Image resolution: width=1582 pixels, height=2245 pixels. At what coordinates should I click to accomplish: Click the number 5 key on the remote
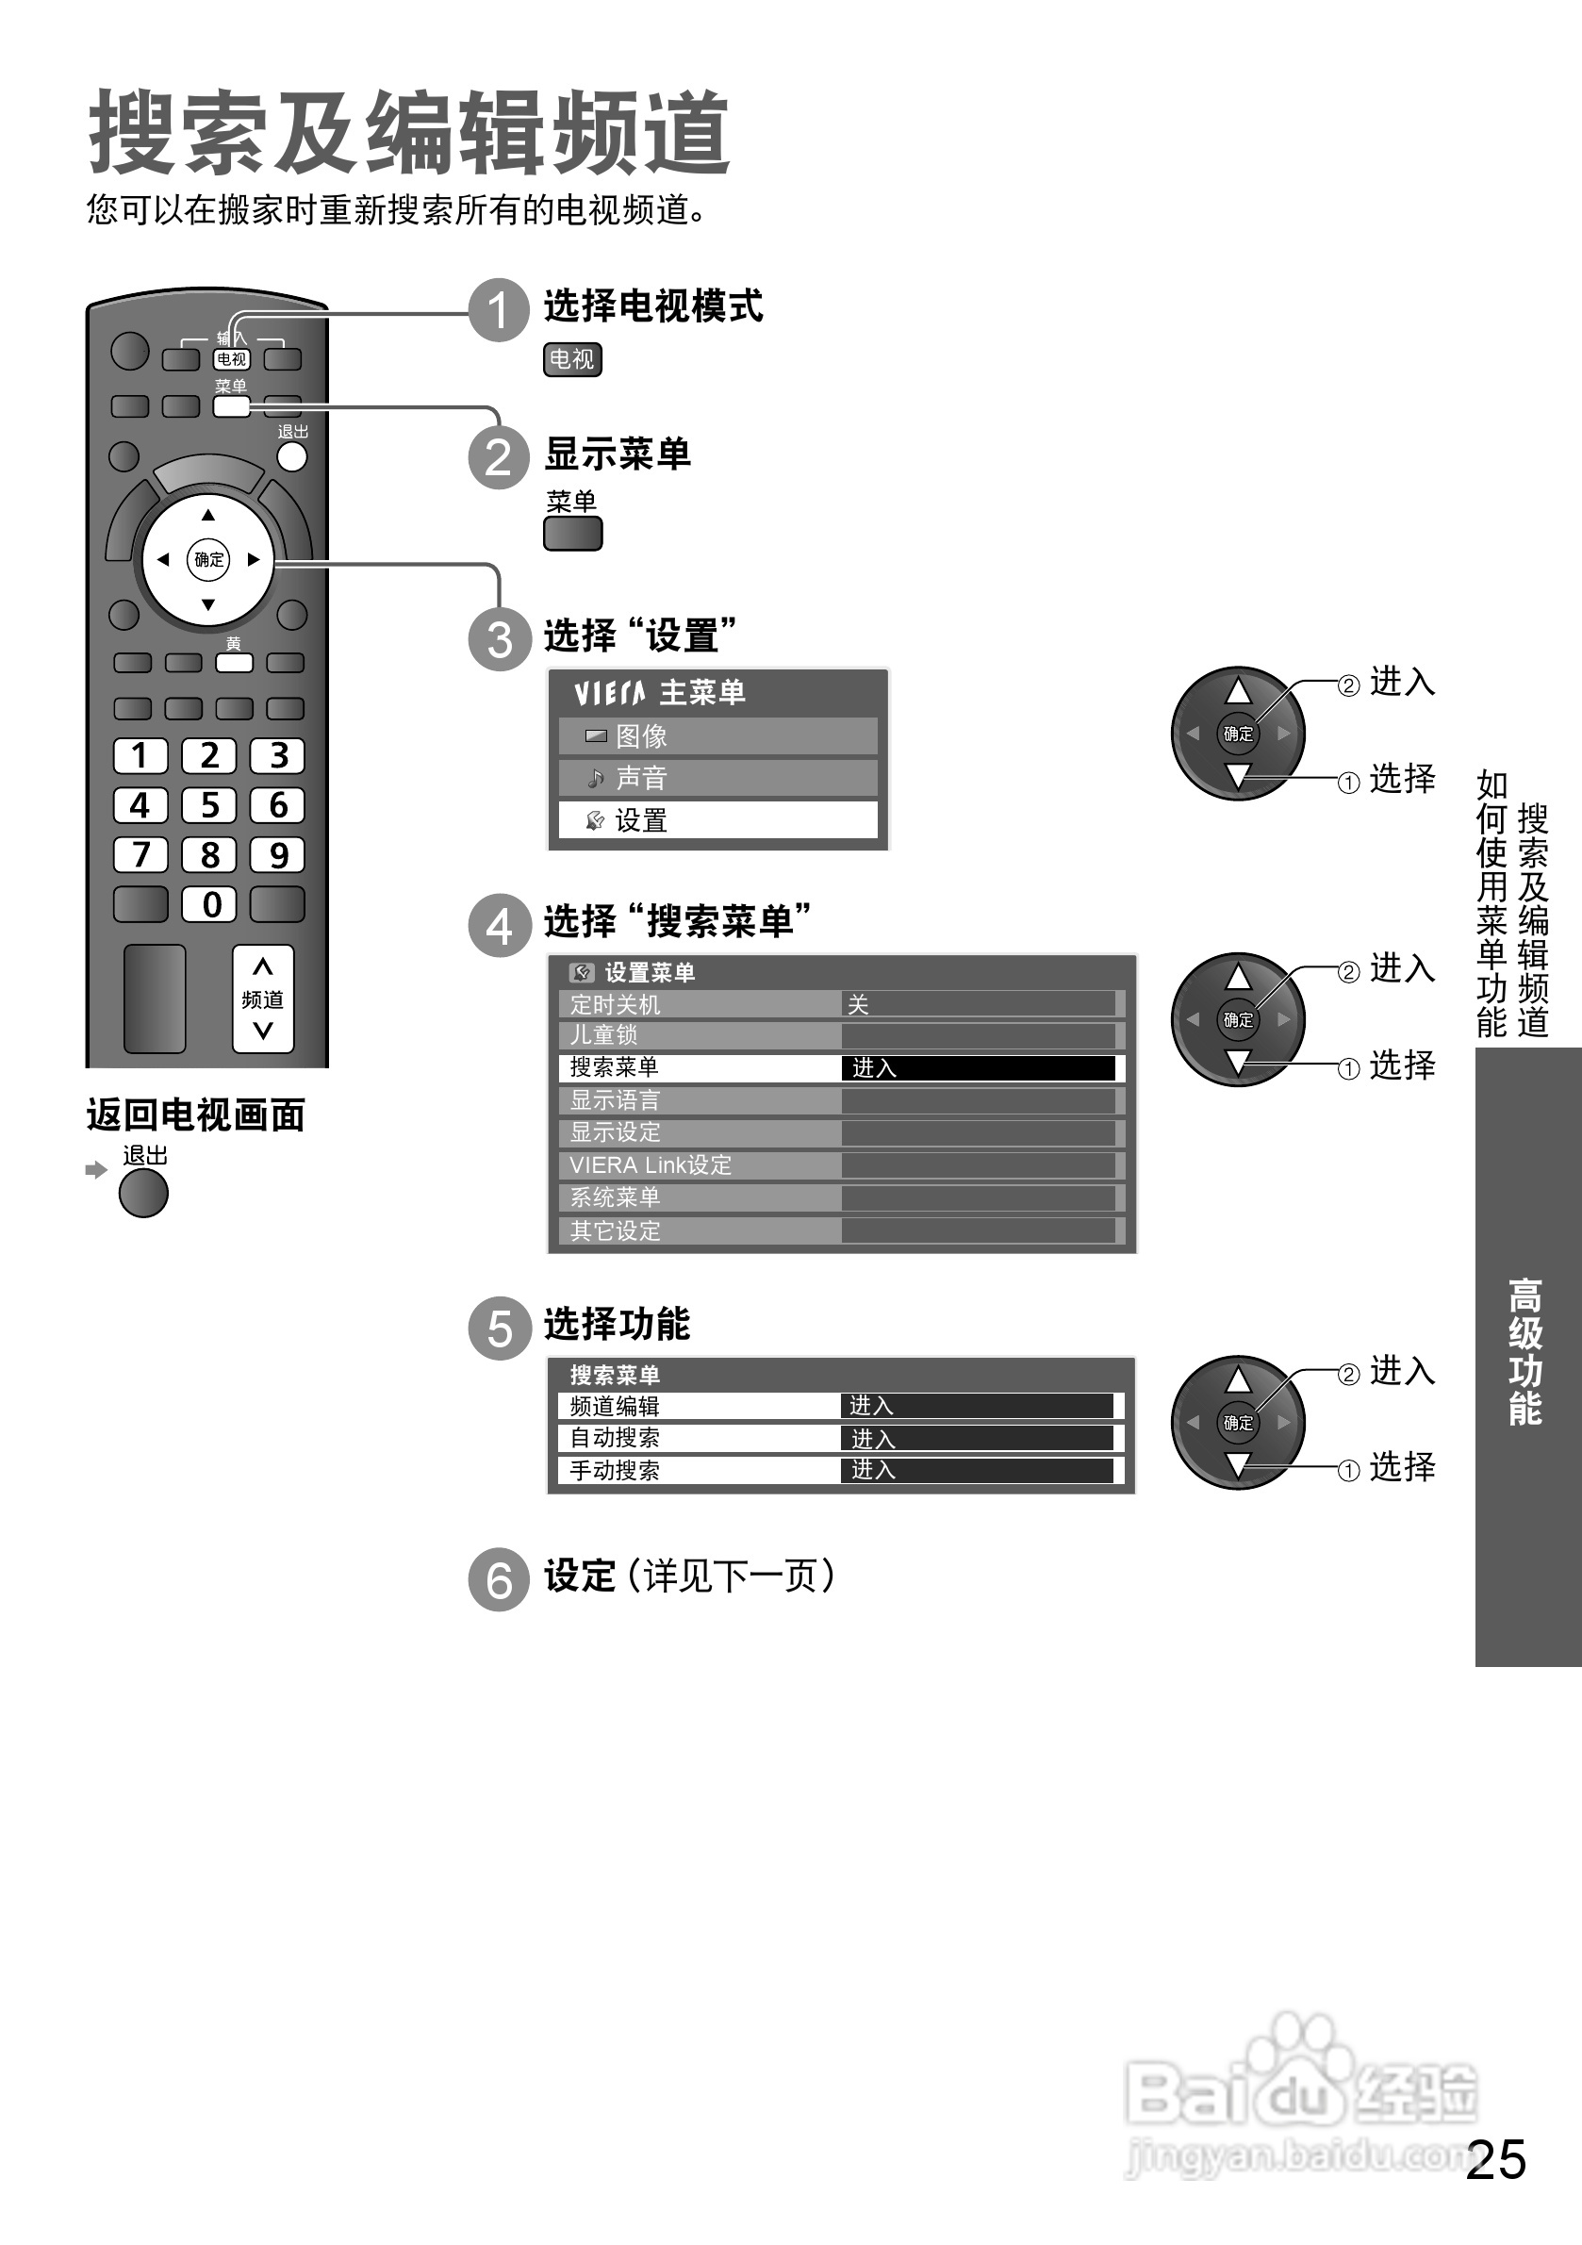coord(209,804)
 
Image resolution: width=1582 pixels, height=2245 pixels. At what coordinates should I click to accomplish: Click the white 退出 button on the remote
coord(291,456)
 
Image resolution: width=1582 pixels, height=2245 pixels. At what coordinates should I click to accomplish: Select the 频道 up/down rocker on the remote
coord(263,999)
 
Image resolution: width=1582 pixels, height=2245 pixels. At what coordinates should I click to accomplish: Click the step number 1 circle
coord(499,310)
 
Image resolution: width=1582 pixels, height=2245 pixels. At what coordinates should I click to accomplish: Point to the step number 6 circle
coord(499,1579)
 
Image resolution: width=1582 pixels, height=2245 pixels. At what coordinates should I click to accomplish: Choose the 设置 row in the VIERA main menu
coord(717,820)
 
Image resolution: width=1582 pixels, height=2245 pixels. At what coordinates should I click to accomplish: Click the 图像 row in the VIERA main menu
coord(717,736)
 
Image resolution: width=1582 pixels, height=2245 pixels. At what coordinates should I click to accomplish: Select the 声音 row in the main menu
coord(717,778)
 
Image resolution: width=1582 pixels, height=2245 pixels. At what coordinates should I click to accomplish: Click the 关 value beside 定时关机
coord(859,1004)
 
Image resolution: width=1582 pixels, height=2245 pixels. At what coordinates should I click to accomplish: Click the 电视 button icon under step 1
coord(572,360)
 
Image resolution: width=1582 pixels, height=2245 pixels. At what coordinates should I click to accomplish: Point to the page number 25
coord(1496,2159)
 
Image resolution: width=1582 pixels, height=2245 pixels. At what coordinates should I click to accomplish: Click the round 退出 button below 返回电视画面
coord(143,1194)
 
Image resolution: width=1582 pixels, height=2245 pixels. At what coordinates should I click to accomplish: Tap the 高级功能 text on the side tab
coord(1525,1351)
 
